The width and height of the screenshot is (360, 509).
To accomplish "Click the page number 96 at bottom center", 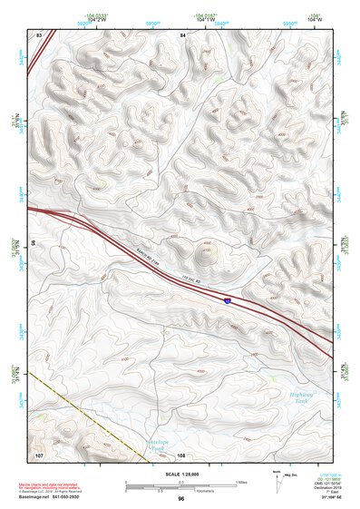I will click(x=181, y=499).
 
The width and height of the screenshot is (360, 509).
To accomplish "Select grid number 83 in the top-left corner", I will click(x=39, y=34).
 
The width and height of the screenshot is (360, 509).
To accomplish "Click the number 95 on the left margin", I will click(x=30, y=243).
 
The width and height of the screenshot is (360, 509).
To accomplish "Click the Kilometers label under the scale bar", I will click(x=212, y=491).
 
